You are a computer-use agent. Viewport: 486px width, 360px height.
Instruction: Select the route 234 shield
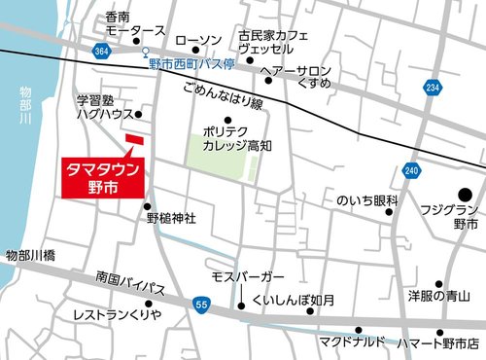click(x=431, y=89)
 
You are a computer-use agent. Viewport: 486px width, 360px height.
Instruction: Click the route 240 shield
click(x=412, y=171)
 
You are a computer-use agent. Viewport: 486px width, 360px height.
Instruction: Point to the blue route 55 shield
click(x=199, y=306)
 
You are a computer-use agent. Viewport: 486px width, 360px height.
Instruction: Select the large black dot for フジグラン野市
click(x=465, y=195)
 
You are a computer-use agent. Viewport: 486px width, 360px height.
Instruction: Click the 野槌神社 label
click(x=172, y=220)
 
